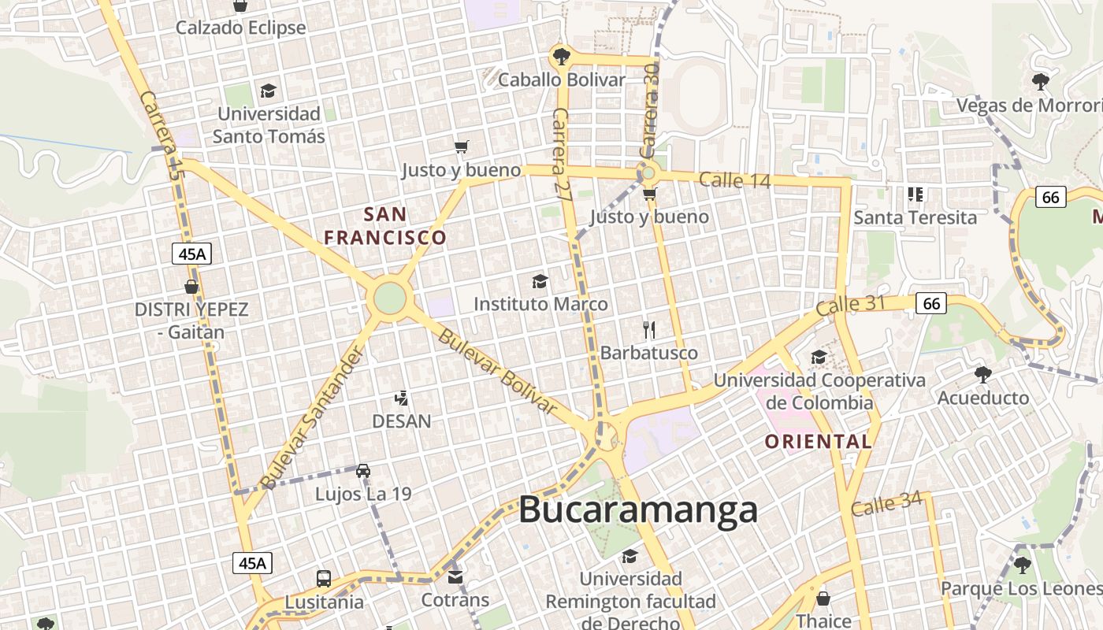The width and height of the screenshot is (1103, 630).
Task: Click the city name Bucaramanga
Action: pyautogui.click(x=638, y=510)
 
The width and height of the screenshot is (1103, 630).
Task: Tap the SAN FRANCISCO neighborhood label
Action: pyautogui.click(x=385, y=226)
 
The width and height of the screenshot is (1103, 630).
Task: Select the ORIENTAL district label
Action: pyautogui.click(x=819, y=442)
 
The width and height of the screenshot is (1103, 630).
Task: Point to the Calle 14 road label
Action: pyautogui.click(x=734, y=180)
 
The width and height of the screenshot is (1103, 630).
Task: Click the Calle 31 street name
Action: pyautogui.click(x=852, y=306)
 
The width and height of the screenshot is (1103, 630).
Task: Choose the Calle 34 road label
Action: pyautogui.click(x=886, y=505)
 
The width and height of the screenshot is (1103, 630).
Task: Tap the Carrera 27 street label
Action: pyautogui.click(x=562, y=155)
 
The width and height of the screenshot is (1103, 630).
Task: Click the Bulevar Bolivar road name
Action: pyautogui.click(x=497, y=371)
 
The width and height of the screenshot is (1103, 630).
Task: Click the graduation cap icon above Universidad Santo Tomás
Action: pyautogui.click(x=269, y=91)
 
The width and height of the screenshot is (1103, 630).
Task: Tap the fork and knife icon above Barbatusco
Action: pyautogui.click(x=649, y=329)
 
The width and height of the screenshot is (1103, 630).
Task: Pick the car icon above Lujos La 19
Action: pyautogui.click(x=363, y=471)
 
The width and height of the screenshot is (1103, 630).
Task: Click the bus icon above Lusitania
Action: pyautogui.click(x=324, y=579)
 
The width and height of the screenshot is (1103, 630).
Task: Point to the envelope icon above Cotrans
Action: pyautogui.click(x=455, y=577)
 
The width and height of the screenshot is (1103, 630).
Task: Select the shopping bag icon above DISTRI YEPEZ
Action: pyautogui.click(x=191, y=287)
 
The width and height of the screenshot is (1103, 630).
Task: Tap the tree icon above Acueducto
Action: pyautogui.click(x=982, y=374)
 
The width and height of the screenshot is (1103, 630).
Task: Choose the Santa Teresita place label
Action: pyautogui.click(x=915, y=217)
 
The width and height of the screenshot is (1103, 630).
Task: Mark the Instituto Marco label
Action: pyautogui.click(x=540, y=304)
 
